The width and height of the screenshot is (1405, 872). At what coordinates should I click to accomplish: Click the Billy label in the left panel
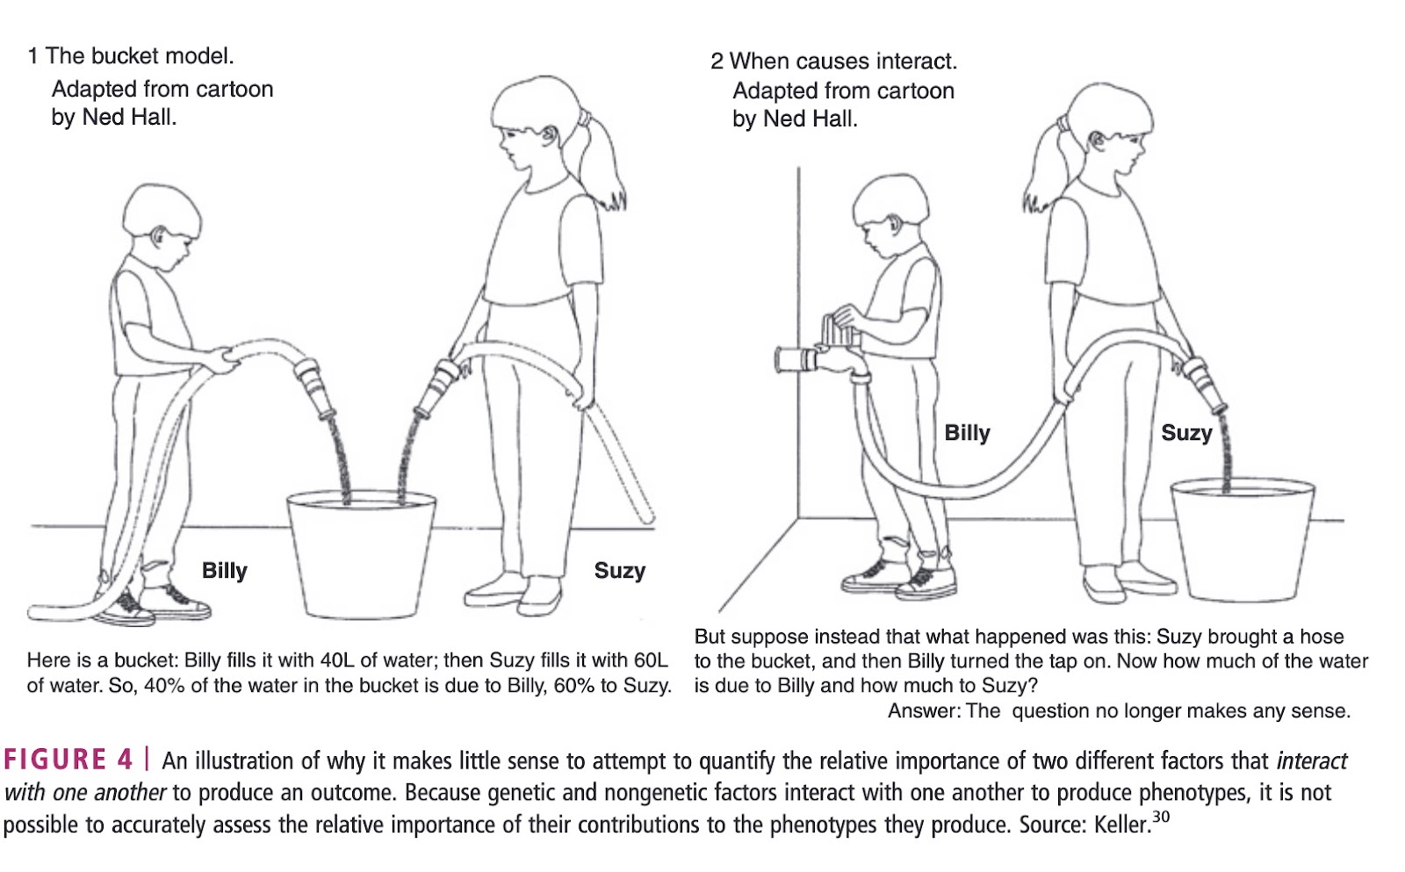225,571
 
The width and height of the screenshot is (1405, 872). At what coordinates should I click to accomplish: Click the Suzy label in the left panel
620,571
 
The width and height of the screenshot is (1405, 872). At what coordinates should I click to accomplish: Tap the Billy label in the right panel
967,433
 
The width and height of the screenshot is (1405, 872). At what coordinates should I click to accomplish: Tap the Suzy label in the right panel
1186,433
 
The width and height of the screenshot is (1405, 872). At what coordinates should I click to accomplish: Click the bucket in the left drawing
361,555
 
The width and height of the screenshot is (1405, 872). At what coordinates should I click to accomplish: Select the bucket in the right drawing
1243,539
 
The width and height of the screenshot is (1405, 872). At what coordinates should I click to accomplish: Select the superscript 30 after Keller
1161,818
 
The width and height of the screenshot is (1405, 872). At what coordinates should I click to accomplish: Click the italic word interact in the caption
1312,761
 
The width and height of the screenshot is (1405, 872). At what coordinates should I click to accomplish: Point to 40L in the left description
337,660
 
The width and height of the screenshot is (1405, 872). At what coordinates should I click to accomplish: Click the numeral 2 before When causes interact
717,61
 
